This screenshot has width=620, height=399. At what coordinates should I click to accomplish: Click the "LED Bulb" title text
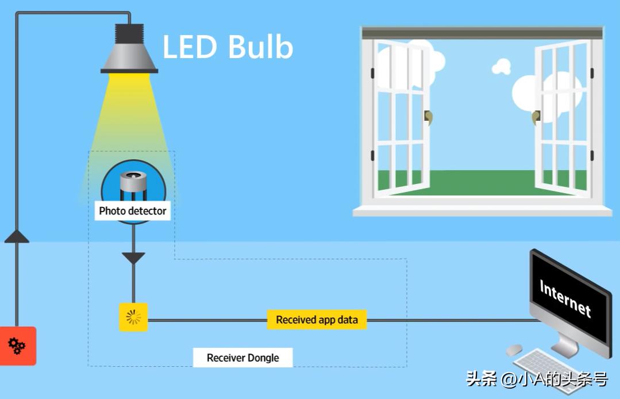click(x=228, y=47)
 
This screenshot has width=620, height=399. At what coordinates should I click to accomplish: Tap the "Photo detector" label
click(x=133, y=211)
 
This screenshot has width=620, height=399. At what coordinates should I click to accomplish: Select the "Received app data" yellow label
click(x=317, y=320)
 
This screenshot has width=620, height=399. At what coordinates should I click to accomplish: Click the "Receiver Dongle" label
click(x=242, y=358)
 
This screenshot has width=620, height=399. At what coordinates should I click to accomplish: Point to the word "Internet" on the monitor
click(x=565, y=298)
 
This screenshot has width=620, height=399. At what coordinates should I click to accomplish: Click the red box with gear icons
click(x=17, y=346)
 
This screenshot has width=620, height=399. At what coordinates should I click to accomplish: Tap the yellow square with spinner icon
click(x=133, y=317)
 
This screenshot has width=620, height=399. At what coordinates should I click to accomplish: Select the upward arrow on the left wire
click(x=17, y=236)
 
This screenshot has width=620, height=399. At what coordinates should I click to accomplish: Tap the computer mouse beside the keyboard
click(x=514, y=349)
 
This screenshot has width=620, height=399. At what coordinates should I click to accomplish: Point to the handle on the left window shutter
click(x=428, y=117)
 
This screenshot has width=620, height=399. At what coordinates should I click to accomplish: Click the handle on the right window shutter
click(x=536, y=117)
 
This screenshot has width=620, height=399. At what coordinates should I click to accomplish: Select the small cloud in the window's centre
click(x=502, y=67)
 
